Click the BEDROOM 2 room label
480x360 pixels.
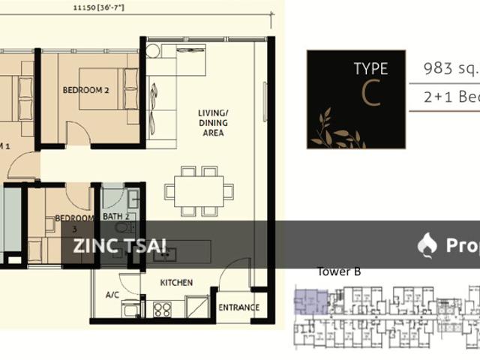(x=86, y=90)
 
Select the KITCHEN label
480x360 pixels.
(x=177, y=283)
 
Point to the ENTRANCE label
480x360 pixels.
(x=238, y=307)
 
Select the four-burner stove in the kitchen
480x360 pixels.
(x=162, y=309)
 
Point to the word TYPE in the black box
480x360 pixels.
(x=370, y=69)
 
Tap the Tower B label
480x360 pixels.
(x=339, y=271)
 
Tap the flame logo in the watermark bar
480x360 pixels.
(x=427, y=244)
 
